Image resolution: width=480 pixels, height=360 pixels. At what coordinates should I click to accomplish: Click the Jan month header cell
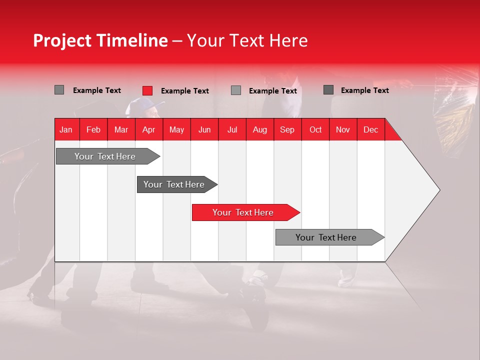[x=66, y=129]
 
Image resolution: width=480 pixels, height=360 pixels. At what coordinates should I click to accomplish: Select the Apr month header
[x=149, y=129]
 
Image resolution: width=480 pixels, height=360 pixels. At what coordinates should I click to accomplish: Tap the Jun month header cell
[x=204, y=129]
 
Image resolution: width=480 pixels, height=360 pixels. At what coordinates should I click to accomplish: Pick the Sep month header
[x=287, y=129]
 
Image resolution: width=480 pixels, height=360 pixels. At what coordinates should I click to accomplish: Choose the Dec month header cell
[x=370, y=129]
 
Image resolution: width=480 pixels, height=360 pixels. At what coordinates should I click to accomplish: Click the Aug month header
[x=260, y=129]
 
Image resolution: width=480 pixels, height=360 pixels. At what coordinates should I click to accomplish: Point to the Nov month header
[x=343, y=129]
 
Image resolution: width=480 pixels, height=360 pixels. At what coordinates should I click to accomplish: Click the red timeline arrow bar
[x=245, y=212]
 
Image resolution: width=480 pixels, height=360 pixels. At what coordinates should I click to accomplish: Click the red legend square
[x=147, y=90]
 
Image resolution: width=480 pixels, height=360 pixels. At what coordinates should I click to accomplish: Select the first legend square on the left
[x=59, y=90]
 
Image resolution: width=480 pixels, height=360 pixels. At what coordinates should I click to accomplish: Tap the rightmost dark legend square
[x=328, y=90]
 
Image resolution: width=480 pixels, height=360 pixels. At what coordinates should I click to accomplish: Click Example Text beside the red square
[x=185, y=91]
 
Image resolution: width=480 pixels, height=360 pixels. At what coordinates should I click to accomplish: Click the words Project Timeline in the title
[x=100, y=40]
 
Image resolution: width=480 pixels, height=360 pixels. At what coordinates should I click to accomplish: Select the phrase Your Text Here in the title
[x=247, y=40]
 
